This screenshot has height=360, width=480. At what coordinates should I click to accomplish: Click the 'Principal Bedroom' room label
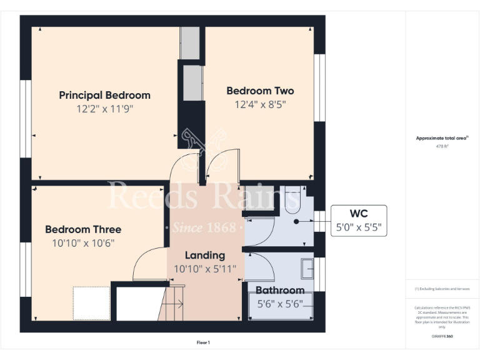[x=104, y=95]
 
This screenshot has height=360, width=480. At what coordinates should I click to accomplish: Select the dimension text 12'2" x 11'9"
[x=104, y=108]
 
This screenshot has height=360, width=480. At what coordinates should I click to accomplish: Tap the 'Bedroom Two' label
[x=260, y=91]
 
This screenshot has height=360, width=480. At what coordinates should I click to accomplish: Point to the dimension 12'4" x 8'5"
[x=260, y=104]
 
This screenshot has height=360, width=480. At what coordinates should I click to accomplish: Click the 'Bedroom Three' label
[x=83, y=229]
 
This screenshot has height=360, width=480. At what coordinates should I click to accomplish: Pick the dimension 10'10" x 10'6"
[x=83, y=243]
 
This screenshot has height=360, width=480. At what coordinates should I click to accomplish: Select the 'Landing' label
[x=205, y=255]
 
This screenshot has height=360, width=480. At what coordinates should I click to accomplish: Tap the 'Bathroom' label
[x=280, y=290]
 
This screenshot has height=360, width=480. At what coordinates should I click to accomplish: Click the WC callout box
[x=359, y=221]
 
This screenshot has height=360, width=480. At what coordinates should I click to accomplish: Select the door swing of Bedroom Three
[x=149, y=265]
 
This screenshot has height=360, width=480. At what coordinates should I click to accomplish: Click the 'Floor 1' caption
[x=204, y=342]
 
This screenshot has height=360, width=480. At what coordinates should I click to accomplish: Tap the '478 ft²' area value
[x=442, y=146]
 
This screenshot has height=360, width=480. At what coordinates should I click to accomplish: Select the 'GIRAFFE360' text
[x=442, y=336]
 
